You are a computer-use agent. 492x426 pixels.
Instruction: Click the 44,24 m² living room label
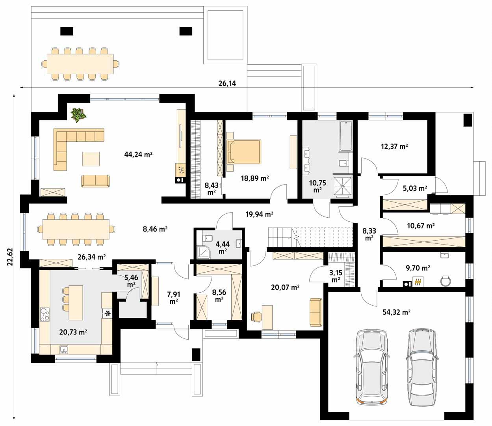click(138, 155)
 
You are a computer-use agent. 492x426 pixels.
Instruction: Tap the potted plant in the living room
click(78, 114)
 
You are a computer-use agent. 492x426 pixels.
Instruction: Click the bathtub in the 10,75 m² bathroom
click(345, 136)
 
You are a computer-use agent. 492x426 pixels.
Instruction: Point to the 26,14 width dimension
click(227, 83)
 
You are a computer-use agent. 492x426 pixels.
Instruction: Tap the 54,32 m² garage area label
click(397, 312)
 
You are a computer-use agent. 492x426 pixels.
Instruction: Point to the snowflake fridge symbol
click(107, 313)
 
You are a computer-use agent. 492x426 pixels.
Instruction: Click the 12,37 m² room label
click(394, 146)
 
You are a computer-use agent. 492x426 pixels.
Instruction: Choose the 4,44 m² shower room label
click(223, 247)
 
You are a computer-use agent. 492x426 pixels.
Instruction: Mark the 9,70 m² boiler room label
click(418, 268)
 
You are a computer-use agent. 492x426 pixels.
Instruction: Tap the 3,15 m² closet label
click(336, 276)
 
